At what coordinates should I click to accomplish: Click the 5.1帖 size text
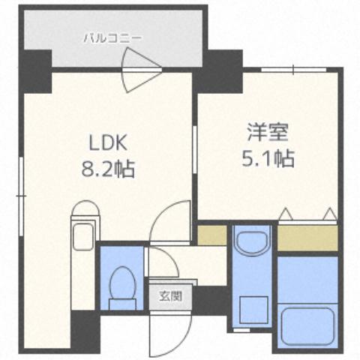click(x=267, y=159)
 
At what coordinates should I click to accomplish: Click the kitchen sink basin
click(x=82, y=233)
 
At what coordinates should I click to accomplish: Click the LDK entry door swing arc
click(x=166, y=222)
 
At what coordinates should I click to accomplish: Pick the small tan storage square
click(x=211, y=235)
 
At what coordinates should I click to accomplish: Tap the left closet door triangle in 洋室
click(x=285, y=215)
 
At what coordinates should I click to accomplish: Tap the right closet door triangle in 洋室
click(x=328, y=215)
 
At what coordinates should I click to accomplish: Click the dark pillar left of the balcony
click(x=34, y=69)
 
